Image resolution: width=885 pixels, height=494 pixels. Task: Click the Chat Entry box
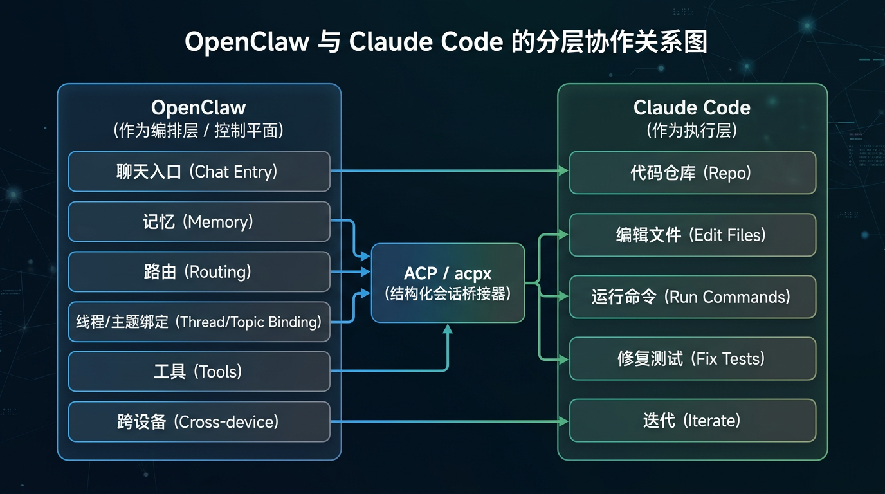point(199,172)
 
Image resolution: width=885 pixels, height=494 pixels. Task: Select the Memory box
point(199,222)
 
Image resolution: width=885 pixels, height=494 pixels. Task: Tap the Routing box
point(199,271)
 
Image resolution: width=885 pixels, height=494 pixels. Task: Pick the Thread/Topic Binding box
point(199,322)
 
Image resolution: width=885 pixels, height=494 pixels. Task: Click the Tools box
point(199,371)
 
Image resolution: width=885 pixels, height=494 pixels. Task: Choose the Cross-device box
point(199,421)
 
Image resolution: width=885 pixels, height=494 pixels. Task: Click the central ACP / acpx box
point(448,283)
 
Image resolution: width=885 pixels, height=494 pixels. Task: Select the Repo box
point(692,172)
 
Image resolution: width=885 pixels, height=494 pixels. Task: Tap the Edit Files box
point(692,235)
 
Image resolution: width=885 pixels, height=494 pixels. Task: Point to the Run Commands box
point(692,297)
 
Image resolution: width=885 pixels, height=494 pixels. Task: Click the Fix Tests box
point(692,358)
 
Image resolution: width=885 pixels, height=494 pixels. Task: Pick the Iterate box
point(692,421)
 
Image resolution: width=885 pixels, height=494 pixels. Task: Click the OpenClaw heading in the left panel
point(198,107)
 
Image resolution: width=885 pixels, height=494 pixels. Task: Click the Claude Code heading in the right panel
point(691,107)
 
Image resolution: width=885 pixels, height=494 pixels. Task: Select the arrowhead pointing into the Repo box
point(563,170)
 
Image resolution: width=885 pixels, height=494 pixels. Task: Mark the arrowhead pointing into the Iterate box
point(563,421)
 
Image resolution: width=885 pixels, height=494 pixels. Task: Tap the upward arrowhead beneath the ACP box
point(448,329)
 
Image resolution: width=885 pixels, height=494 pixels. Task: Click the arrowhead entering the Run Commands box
point(563,297)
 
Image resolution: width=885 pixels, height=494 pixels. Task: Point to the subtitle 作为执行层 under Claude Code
point(691,131)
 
